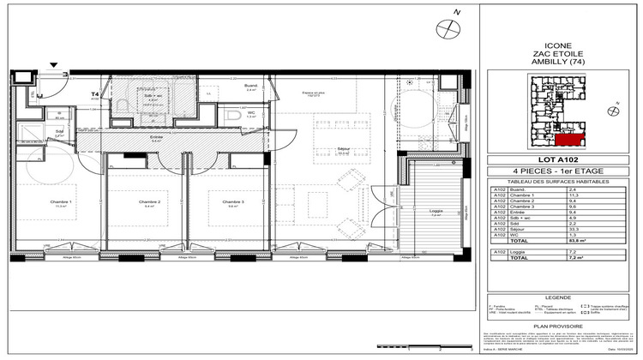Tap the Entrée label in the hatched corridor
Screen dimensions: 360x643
[156, 136]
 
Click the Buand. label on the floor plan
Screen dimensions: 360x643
[250, 86]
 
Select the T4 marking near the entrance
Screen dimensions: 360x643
[96, 94]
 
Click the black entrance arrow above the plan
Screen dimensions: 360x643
[55, 64]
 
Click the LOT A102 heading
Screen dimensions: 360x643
[559, 160]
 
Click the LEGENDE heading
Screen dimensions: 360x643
[559, 289]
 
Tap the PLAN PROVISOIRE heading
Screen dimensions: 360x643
[559, 327]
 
